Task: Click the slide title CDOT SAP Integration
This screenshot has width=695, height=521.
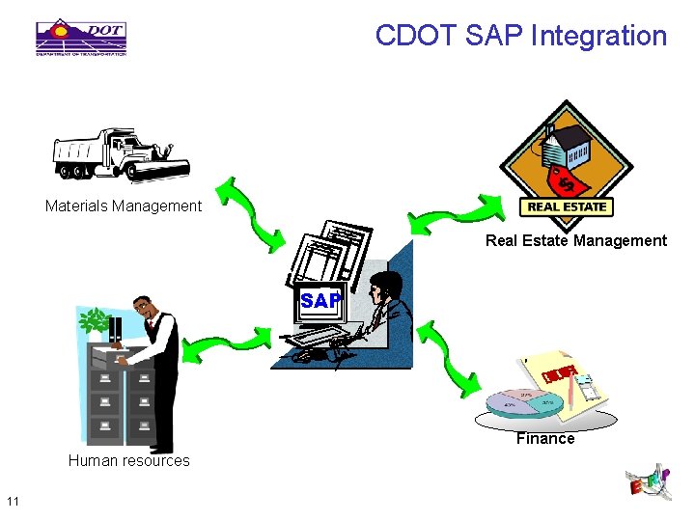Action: tap(520, 37)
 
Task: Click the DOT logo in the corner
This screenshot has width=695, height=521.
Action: tap(81, 37)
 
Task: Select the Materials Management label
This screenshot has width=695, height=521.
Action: tap(124, 206)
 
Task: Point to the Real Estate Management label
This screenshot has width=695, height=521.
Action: tap(575, 240)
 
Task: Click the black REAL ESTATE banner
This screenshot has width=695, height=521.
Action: tap(567, 206)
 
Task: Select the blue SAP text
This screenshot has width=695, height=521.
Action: tap(320, 301)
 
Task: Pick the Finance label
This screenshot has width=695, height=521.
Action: tap(544, 438)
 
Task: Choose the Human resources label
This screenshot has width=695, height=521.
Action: tap(128, 460)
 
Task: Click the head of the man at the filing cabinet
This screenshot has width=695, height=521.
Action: tap(145, 308)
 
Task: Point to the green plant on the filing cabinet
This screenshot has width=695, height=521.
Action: tap(95, 320)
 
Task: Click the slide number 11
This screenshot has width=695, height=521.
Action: tap(13, 500)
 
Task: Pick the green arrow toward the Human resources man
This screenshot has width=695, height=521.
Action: tap(232, 344)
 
